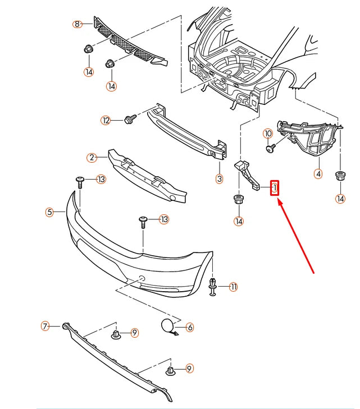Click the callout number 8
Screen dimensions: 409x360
point(77,24)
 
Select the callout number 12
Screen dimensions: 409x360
point(106,120)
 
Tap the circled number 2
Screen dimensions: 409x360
point(92,158)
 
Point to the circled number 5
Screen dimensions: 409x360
point(50,212)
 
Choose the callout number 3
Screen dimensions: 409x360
point(219,179)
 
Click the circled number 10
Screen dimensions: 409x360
point(267,134)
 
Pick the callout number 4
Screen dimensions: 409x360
point(318,174)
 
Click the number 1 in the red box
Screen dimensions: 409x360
point(275,188)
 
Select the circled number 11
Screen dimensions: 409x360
point(233,287)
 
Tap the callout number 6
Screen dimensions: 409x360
point(189,327)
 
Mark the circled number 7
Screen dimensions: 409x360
point(45,325)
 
